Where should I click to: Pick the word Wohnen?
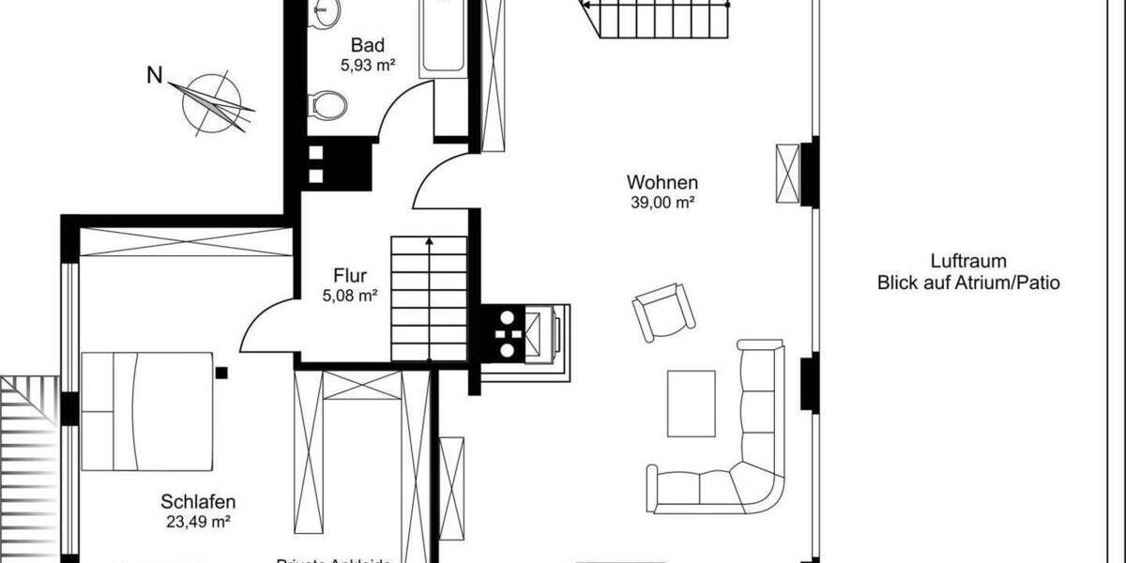click(662, 182)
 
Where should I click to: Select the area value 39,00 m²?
click(662, 203)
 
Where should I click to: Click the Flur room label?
click(349, 276)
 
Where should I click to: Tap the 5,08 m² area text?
click(349, 296)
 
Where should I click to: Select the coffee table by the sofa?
click(691, 403)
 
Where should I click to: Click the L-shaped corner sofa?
click(741, 469)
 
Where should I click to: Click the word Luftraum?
click(967, 262)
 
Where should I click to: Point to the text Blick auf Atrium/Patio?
click(967, 282)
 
